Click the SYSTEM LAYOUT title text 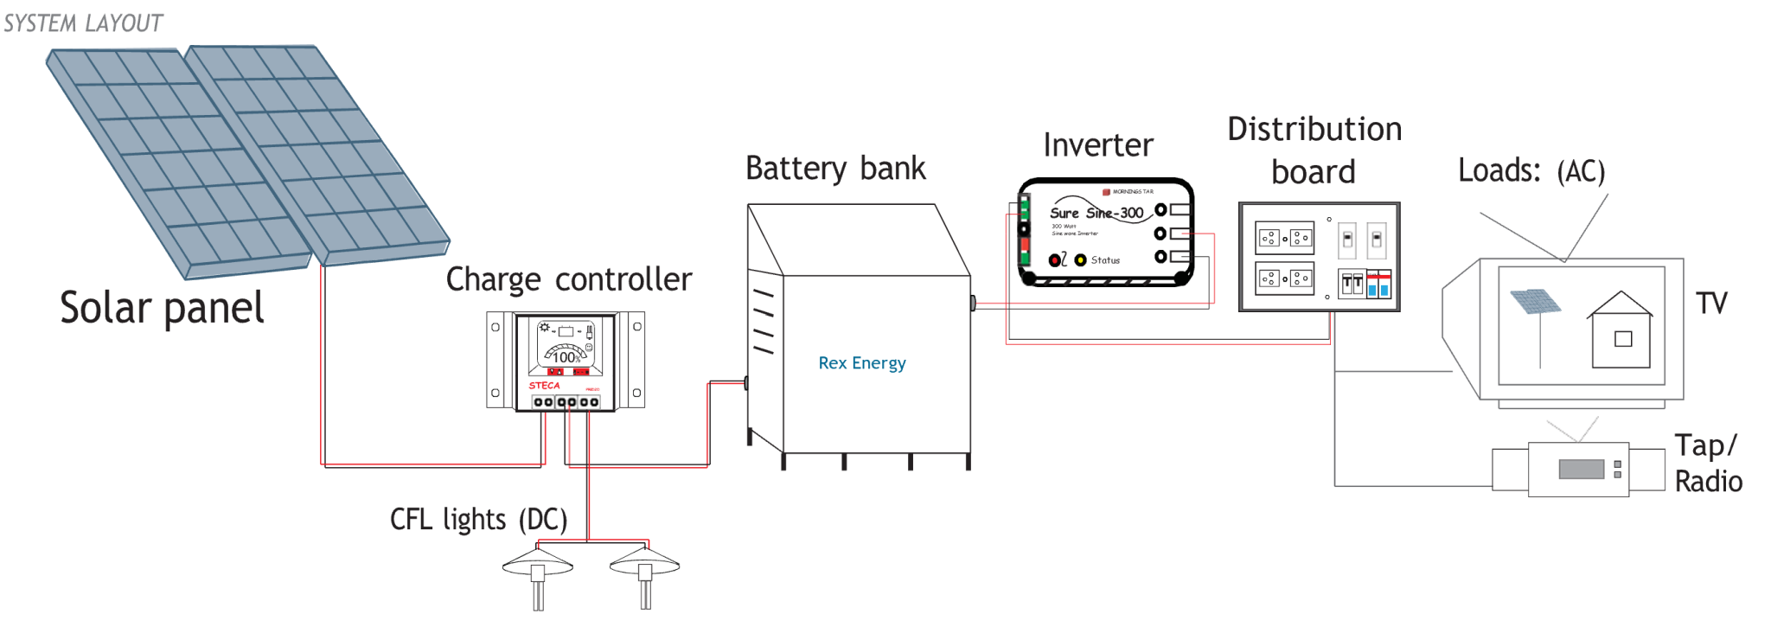point(83,23)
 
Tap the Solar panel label point(162,308)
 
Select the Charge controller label point(568,279)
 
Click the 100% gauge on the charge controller point(566,356)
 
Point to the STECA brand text point(544,386)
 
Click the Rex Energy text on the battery point(861,363)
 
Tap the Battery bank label point(835,168)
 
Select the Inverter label point(1097,144)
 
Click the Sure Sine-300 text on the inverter point(1096,213)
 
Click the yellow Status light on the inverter point(1080,259)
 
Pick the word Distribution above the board point(1314,129)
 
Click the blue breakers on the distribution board point(1378,288)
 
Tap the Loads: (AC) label point(1531,170)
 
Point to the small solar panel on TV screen point(1535,302)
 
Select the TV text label point(1710,304)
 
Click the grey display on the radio point(1582,469)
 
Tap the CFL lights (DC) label point(478,519)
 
